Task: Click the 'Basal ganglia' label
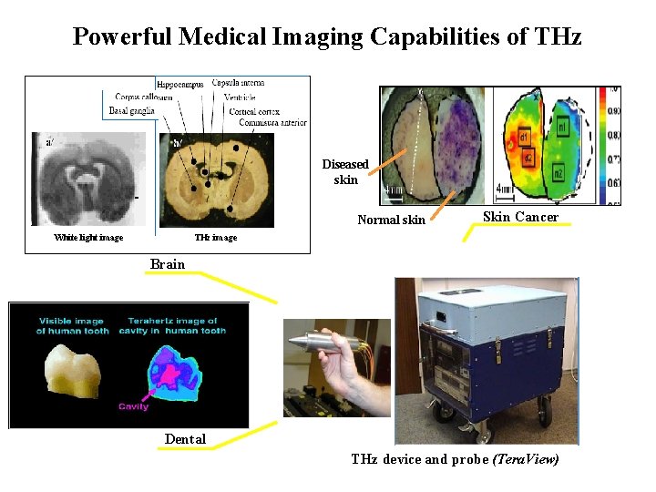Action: click(x=132, y=111)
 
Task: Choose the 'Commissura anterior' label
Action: click(x=268, y=123)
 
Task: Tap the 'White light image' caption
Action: click(x=88, y=238)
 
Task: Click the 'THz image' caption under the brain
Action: click(x=216, y=238)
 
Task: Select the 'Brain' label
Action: click(x=167, y=264)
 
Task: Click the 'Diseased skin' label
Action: click(x=345, y=171)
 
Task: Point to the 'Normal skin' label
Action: click(x=391, y=220)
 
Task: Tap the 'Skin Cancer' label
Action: click(x=520, y=217)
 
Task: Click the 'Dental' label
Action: click(x=185, y=439)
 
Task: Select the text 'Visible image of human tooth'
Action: click(x=72, y=325)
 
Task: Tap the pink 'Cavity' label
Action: click(x=133, y=406)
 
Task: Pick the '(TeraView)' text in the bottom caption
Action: click(x=525, y=459)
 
